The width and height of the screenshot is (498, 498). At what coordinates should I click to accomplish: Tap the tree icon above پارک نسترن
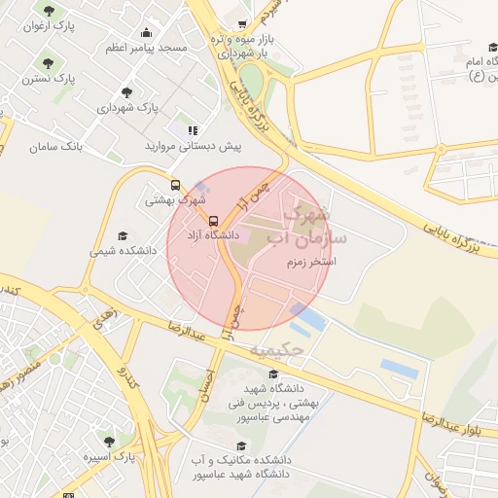[62, 56]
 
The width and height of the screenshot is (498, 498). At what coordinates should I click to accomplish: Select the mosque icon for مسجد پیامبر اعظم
[146, 31]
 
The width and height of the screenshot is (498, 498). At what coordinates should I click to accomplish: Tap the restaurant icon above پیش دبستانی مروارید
[193, 129]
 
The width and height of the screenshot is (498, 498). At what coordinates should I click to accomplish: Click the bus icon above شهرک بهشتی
[175, 185]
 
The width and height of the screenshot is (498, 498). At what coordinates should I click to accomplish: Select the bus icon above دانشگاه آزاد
[214, 220]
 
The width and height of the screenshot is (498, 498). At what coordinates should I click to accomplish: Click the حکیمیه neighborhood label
[277, 347]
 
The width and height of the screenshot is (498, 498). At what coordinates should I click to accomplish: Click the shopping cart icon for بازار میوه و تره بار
[242, 26]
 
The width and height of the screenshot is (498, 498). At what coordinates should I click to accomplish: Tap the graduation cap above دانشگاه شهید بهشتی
[273, 374]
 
